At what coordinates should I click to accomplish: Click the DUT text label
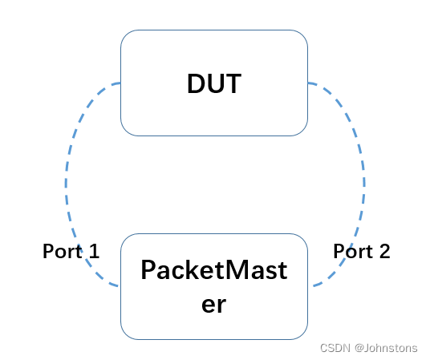[213, 83]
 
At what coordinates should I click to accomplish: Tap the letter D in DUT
[197, 83]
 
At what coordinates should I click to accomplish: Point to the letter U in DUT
[214, 83]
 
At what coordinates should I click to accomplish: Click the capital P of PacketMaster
[148, 271]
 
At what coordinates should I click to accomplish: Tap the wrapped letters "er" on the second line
[213, 305]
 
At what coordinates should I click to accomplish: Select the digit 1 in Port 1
[94, 252]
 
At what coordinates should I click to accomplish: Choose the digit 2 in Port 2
[384, 252]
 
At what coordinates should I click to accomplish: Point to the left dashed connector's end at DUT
[119, 83]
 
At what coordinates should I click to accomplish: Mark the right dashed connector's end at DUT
[310, 83]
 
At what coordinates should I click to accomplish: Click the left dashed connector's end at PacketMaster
[119, 285]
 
